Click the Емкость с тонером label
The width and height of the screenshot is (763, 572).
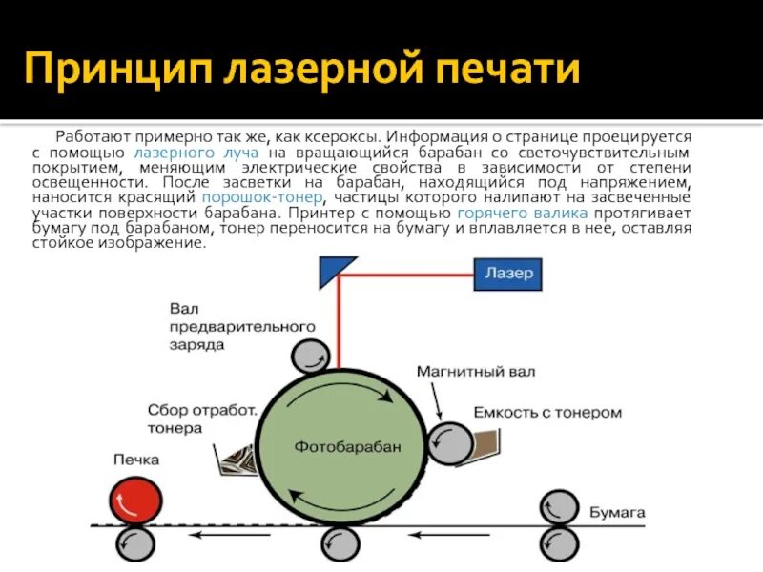pyautogui.click(x=547, y=413)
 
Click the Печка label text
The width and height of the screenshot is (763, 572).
pyautogui.click(x=136, y=460)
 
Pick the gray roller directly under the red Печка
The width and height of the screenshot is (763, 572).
pyautogui.click(x=135, y=544)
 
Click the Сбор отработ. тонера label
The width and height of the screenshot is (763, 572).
pyautogui.click(x=202, y=419)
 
